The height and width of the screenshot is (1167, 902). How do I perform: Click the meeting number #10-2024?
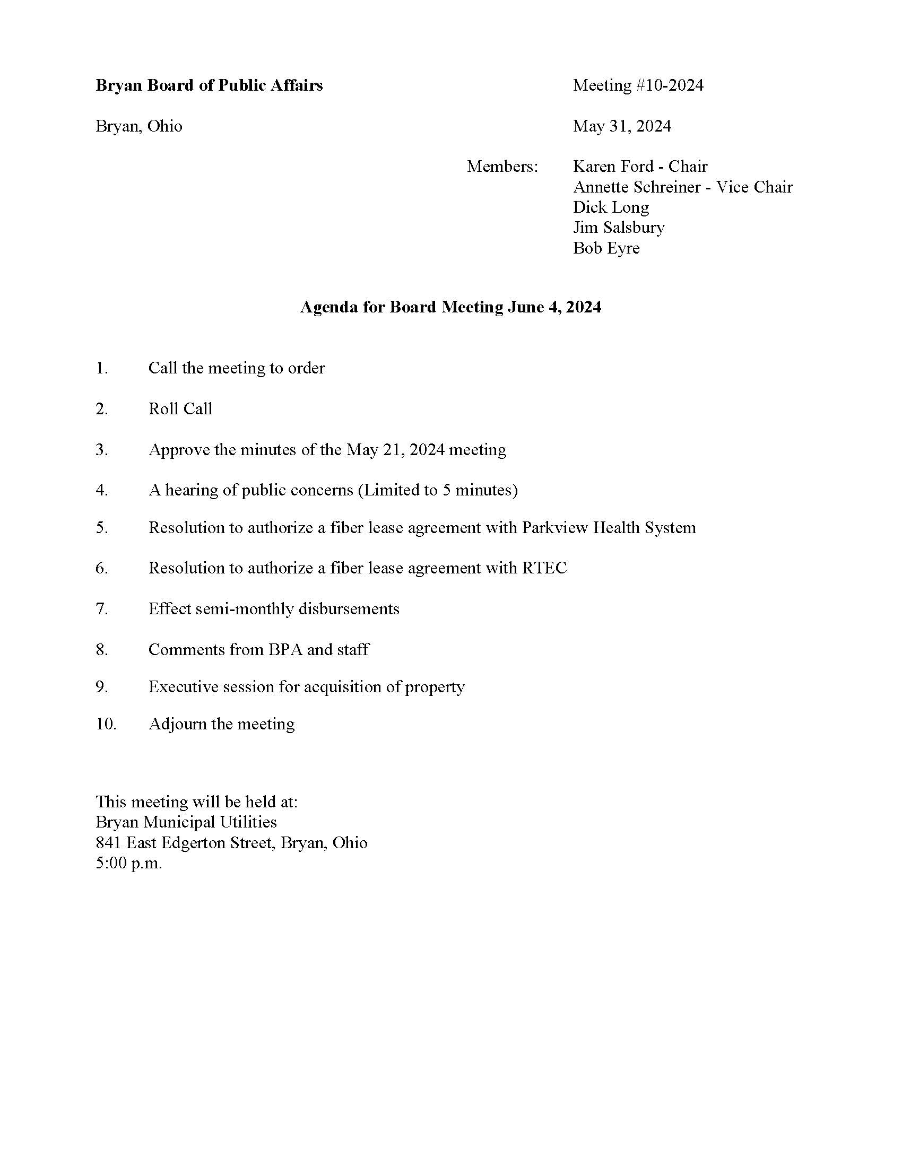(x=670, y=85)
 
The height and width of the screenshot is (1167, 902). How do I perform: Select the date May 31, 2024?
(x=622, y=126)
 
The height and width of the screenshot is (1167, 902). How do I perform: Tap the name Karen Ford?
(x=613, y=167)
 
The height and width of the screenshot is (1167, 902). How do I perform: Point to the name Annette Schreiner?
(x=636, y=187)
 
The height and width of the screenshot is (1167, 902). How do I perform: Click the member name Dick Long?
(x=611, y=207)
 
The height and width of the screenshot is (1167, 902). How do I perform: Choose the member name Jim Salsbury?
(x=619, y=228)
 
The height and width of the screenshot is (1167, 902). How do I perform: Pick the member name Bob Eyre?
(x=606, y=248)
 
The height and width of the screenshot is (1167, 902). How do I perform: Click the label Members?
(x=502, y=167)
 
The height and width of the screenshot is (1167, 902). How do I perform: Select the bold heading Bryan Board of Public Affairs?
(x=209, y=85)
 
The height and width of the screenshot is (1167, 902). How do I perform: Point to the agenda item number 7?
(x=101, y=608)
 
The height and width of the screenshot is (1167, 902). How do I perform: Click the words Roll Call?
(x=180, y=409)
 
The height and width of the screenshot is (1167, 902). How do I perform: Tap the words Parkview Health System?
(x=609, y=528)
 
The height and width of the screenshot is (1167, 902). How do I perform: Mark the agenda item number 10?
(x=105, y=724)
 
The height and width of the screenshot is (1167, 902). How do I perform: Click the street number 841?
(x=108, y=843)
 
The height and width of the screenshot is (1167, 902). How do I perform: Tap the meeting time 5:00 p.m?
(x=128, y=863)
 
